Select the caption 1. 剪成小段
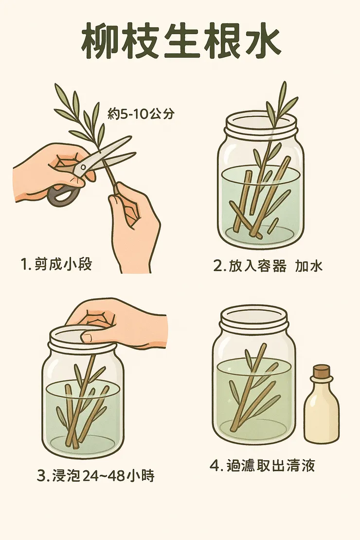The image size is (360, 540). [x=56, y=264]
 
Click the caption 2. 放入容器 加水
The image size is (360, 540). [x=268, y=266]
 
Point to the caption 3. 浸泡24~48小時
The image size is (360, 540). [x=95, y=476]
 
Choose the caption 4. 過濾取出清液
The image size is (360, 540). [x=262, y=466]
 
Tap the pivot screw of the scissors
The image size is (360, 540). [x=83, y=167]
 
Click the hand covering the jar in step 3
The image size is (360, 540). [x=117, y=324]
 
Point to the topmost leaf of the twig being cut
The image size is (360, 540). [x=61, y=92]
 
